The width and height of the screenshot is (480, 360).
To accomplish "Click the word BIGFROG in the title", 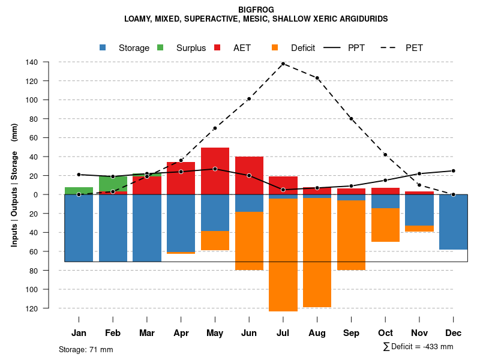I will [256, 10].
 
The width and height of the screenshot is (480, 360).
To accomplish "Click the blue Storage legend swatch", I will [103, 47].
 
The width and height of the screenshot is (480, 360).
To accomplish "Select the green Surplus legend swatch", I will [161, 47].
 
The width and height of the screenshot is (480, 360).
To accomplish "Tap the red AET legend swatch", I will [218, 47].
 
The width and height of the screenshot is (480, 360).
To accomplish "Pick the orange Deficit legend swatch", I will [275, 47].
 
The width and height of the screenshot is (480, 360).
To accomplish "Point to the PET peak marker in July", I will [283, 64].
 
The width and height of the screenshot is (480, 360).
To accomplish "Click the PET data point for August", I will [317, 78].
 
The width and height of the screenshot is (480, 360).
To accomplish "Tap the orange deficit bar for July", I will [283, 255].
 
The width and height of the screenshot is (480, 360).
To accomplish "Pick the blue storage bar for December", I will [453, 222].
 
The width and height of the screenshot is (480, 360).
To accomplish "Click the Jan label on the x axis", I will [79, 333].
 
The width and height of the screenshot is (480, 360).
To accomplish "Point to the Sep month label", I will [352, 333].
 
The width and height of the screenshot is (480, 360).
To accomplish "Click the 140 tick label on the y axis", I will [48, 62].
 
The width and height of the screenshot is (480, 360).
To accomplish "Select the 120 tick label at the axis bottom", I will [48, 308].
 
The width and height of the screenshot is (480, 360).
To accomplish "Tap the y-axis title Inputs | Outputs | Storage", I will [14, 185].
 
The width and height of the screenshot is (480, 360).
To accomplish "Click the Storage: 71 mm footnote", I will [86, 349].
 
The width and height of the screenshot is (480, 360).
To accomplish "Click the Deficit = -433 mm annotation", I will [418, 346].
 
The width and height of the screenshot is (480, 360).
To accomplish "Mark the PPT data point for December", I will [454, 171].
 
